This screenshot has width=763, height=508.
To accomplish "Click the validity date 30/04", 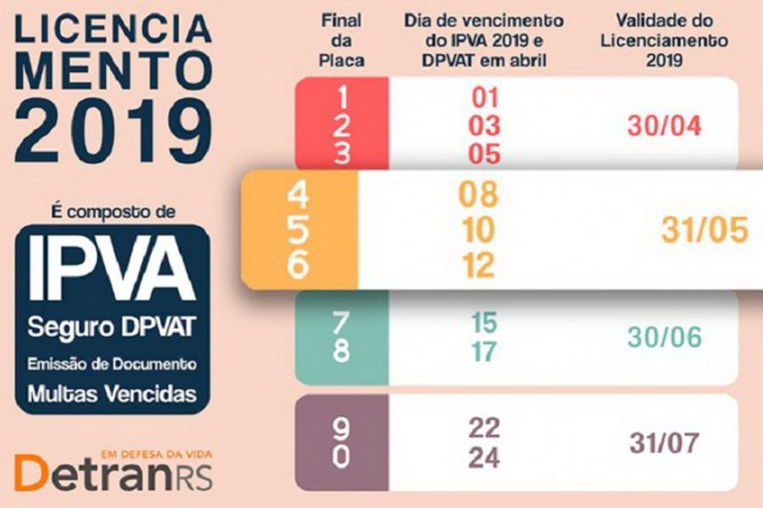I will pos(666,125).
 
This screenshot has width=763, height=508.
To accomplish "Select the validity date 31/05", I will pos(705,231).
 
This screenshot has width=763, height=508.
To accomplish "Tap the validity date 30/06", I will pos(665,337).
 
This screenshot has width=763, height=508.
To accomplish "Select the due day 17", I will pos(484,351).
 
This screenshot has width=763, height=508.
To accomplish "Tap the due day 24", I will pos(484,457).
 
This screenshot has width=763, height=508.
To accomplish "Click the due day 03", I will pos(486,126).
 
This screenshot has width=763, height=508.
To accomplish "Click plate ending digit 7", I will pos(341,323).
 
